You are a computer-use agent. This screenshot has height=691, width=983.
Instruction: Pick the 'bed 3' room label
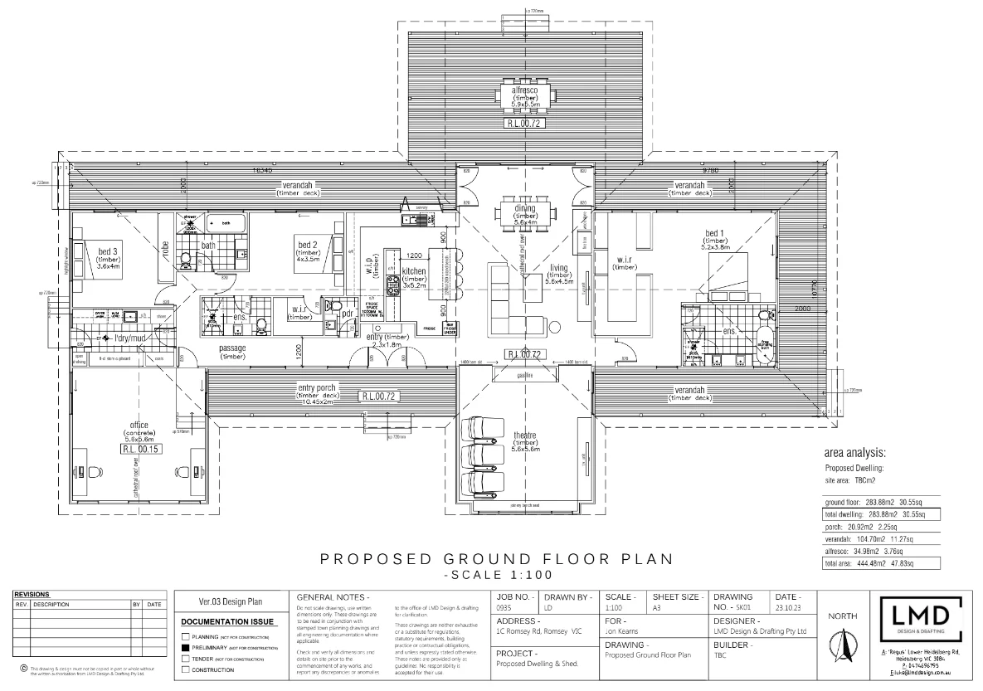[108, 251]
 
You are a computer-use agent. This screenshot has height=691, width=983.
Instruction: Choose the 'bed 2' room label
[309, 244]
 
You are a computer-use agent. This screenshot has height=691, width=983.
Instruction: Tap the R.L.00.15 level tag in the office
[139, 449]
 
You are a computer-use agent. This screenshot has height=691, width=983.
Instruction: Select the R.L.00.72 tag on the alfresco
[526, 123]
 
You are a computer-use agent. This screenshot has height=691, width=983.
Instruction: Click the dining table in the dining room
[526, 213]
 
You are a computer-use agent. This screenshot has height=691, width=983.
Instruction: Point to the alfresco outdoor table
[526, 95]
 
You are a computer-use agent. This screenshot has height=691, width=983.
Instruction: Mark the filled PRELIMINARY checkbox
[186, 647]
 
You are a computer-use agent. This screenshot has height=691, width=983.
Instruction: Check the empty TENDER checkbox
[186, 659]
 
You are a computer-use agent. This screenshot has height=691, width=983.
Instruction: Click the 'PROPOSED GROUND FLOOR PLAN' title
[496, 560]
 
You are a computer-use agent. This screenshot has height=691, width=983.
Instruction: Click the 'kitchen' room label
[414, 271]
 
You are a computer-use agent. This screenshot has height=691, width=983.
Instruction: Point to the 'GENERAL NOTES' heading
[332, 596]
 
